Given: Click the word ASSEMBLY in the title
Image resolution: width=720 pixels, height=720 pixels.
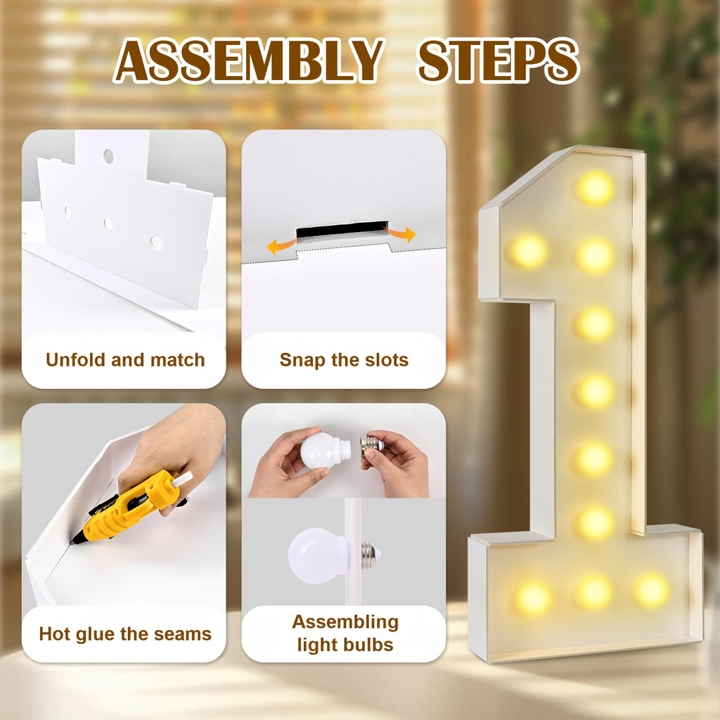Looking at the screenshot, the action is click(x=248, y=60).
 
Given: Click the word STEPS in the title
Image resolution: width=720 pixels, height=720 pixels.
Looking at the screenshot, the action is click(x=499, y=60).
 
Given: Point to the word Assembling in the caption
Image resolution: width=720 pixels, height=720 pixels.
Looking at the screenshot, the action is click(x=345, y=623).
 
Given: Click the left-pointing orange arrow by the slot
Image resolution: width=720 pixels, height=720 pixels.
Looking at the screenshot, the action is click(x=281, y=246).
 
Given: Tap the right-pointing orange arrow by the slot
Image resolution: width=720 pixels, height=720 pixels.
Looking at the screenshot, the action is click(x=400, y=233).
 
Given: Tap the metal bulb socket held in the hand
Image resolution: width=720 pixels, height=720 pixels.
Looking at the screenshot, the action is click(x=371, y=445).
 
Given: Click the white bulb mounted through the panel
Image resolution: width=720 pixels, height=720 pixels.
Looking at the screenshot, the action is click(x=318, y=555).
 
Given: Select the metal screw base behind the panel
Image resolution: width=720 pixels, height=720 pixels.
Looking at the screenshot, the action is click(x=371, y=555).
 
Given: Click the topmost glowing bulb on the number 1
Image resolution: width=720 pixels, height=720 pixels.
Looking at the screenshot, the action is click(x=595, y=188).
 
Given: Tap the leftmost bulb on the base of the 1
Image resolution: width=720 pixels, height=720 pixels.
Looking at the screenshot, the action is click(x=533, y=598).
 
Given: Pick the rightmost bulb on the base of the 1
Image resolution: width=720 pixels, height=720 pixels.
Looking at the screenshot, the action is click(x=652, y=591).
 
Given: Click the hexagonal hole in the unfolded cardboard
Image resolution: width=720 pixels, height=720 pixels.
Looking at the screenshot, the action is click(x=157, y=243).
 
